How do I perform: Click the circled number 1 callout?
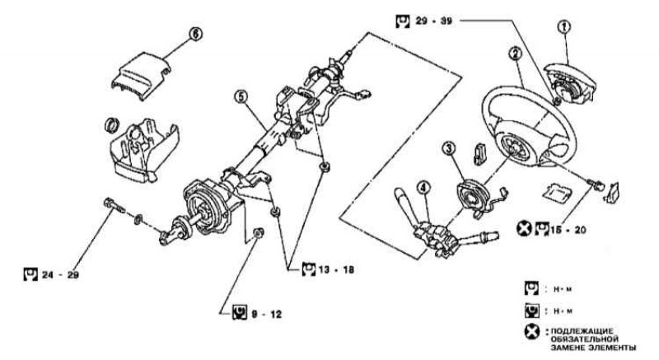pos(563,26)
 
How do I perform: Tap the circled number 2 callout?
pos(516,54)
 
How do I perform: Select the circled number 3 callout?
pos(449,148)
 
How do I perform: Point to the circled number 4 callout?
pos(423,187)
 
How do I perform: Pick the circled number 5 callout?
pos(241,97)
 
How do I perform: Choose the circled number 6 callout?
pos(195,34)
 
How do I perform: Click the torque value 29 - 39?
pos(434,21)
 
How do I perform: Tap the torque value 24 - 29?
pos(60,275)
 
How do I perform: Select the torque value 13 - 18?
pos(336,269)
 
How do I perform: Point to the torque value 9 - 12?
pos(266,314)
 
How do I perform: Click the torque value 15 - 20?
pos(568,230)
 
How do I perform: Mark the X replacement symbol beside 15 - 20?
pos(524,228)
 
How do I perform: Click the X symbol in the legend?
pos(531,332)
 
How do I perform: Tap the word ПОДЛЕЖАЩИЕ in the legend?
pos(582,330)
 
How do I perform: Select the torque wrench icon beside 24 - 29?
pos(30,274)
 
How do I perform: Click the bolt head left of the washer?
pos(109,203)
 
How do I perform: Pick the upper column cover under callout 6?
pos(141,76)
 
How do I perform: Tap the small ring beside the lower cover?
pos(112,124)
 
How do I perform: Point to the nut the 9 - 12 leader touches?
pos(259,232)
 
